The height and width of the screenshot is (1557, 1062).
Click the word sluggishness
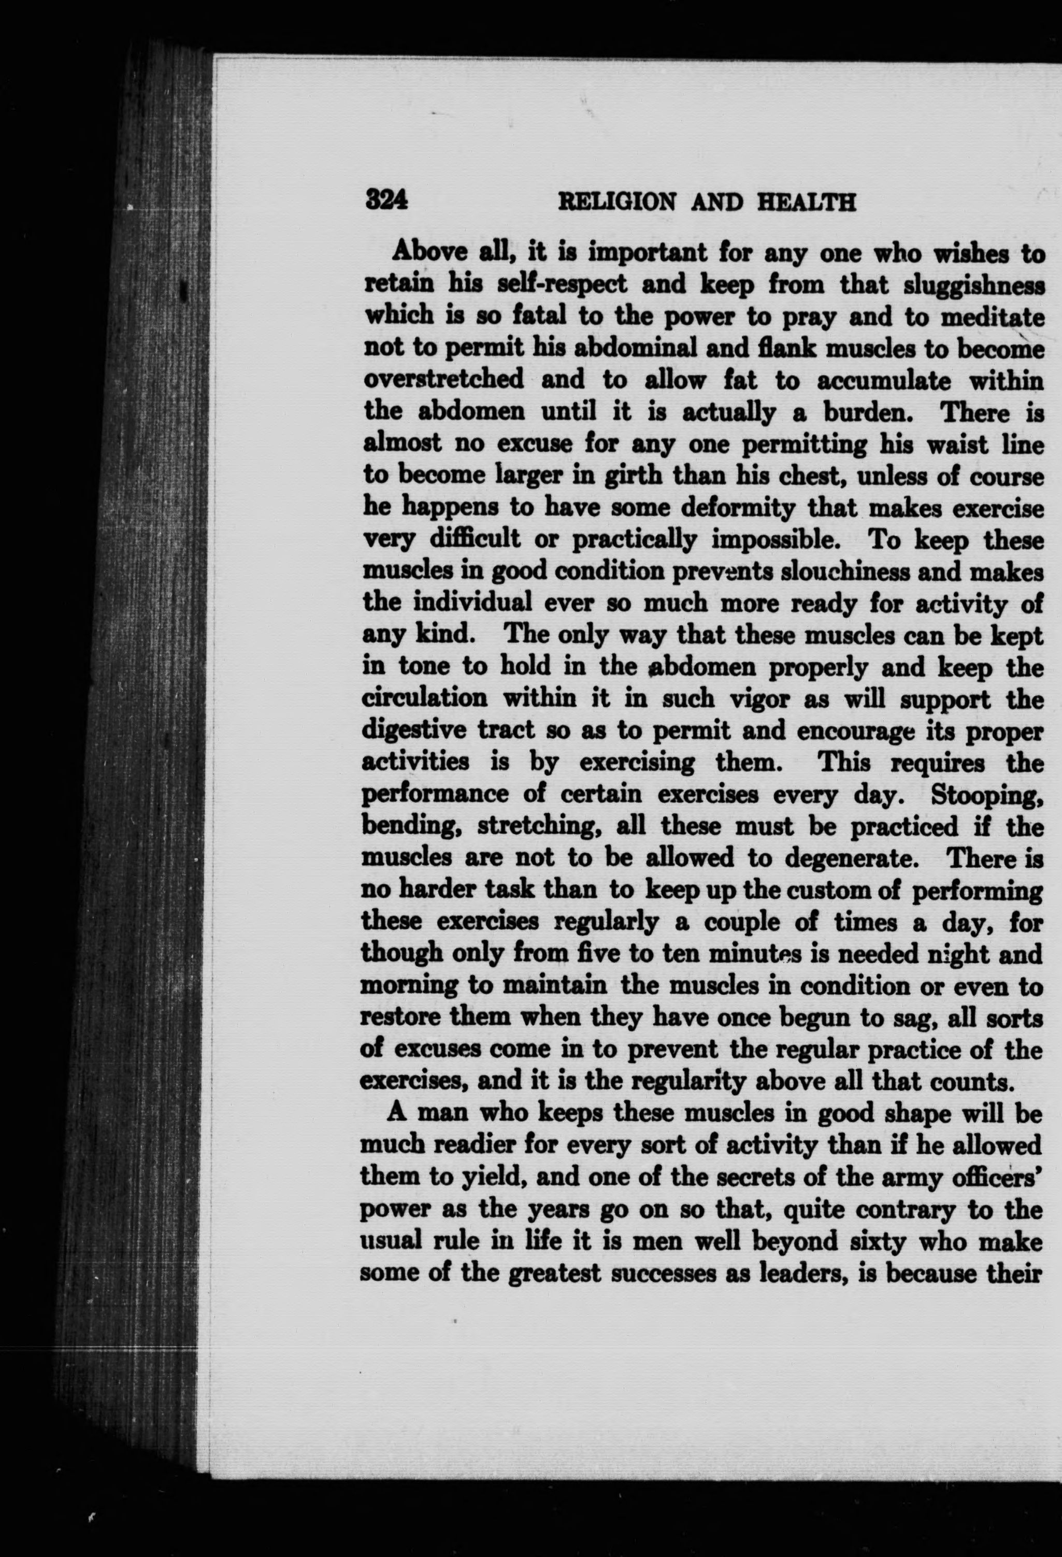tap(973, 285)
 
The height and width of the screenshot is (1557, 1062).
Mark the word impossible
tap(771, 539)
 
